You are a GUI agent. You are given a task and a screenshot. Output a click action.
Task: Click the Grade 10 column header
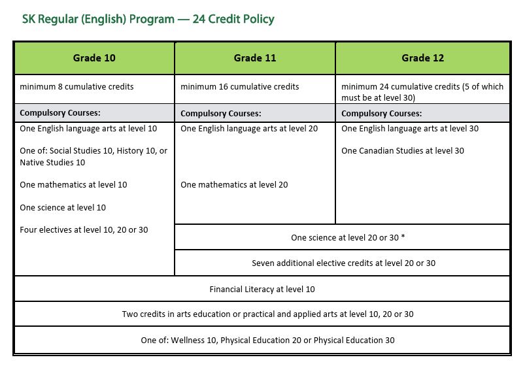(94, 58)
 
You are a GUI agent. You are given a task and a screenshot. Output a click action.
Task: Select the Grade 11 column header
(255, 58)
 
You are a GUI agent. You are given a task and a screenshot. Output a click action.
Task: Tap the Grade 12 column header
(422, 58)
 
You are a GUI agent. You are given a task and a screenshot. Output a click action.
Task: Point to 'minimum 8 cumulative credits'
(77, 87)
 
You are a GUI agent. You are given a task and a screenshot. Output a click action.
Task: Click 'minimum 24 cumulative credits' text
(421, 91)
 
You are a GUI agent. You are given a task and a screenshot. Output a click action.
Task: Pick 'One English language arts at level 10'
(88, 129)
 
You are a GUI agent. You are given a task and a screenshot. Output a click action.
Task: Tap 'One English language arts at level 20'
(249, 129)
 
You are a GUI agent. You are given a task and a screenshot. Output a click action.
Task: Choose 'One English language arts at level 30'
(410, 129)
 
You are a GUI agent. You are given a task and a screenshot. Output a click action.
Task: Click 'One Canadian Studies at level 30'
(403, 151)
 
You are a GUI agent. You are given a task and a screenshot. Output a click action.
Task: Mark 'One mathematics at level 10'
(73, 185)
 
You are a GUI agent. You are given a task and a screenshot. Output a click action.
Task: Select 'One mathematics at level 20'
(234, 185)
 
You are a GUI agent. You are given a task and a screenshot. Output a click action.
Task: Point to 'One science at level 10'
(63, 208)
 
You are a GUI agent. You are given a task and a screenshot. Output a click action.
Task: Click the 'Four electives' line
(84, 230)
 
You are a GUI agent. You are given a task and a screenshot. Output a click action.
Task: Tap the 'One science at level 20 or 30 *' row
(348, 238)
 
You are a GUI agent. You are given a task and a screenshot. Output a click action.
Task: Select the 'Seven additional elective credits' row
(343, 263)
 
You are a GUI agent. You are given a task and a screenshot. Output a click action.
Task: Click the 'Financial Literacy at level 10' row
(262, 289)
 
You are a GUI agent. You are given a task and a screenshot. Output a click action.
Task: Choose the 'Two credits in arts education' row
(267, 314)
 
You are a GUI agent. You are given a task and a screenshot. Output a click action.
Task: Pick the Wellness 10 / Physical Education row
(267, 341)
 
